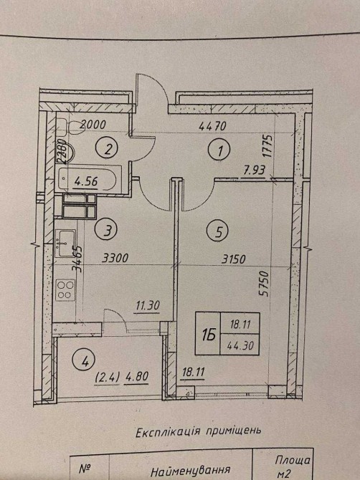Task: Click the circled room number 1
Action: click(x=219, y=150)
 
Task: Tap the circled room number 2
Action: click(x=108, y=148)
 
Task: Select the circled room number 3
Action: click(x=106, y=229)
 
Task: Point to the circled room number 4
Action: click(x=84, y=362)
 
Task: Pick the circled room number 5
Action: click(x=218, y=231)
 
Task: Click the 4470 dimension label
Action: click(x=212, y=126)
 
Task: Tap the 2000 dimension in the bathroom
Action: click(x=93, y=124)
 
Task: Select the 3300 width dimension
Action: click(x=115, y=259)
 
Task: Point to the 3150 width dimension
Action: click(x=234, y=259)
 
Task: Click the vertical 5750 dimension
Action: click(x=263, y=284)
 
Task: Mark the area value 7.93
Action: click(x=254, y=171)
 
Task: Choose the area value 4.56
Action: click(x=86, y=182)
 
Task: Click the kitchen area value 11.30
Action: click(x=147, y=305)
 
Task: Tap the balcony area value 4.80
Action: click(x=137, y=376)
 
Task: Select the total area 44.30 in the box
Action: click(x=240, y=345)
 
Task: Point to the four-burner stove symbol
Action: click(x=65, y=290)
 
